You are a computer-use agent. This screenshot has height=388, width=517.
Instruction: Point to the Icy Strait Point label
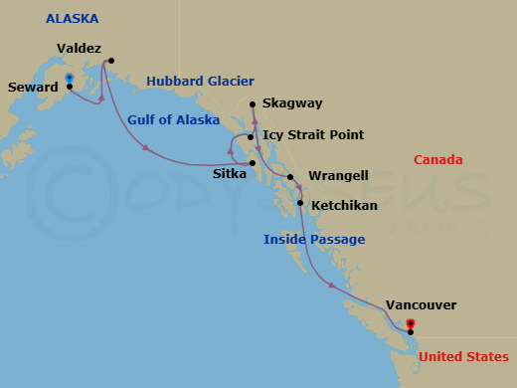[x=313, y=134]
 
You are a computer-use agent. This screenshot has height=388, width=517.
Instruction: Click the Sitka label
[x=230, y=173]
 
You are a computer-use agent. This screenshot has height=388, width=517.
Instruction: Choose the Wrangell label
[x=338, y=176]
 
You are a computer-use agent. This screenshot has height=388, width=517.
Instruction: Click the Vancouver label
[x=421, y=306]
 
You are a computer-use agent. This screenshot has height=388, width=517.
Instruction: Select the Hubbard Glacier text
[x=200, y=81]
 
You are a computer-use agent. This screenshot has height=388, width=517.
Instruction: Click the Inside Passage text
[x=313, y=239]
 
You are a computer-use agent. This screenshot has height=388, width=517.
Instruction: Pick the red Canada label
[x=436, y=159]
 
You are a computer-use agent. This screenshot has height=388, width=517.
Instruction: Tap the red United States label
[x=463, y=356]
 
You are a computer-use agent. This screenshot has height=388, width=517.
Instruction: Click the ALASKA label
[x=73, y=19]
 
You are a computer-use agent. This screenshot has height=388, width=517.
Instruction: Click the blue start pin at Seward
[x=69, y=78]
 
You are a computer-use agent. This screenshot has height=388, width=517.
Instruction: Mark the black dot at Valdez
[x=110, y=61]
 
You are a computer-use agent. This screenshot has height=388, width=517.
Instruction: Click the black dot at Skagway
[x=254, y=104]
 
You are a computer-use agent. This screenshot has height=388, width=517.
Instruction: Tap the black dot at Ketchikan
[x=300, y=203]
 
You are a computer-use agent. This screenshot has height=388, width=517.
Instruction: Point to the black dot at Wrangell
[x=290, y=178]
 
